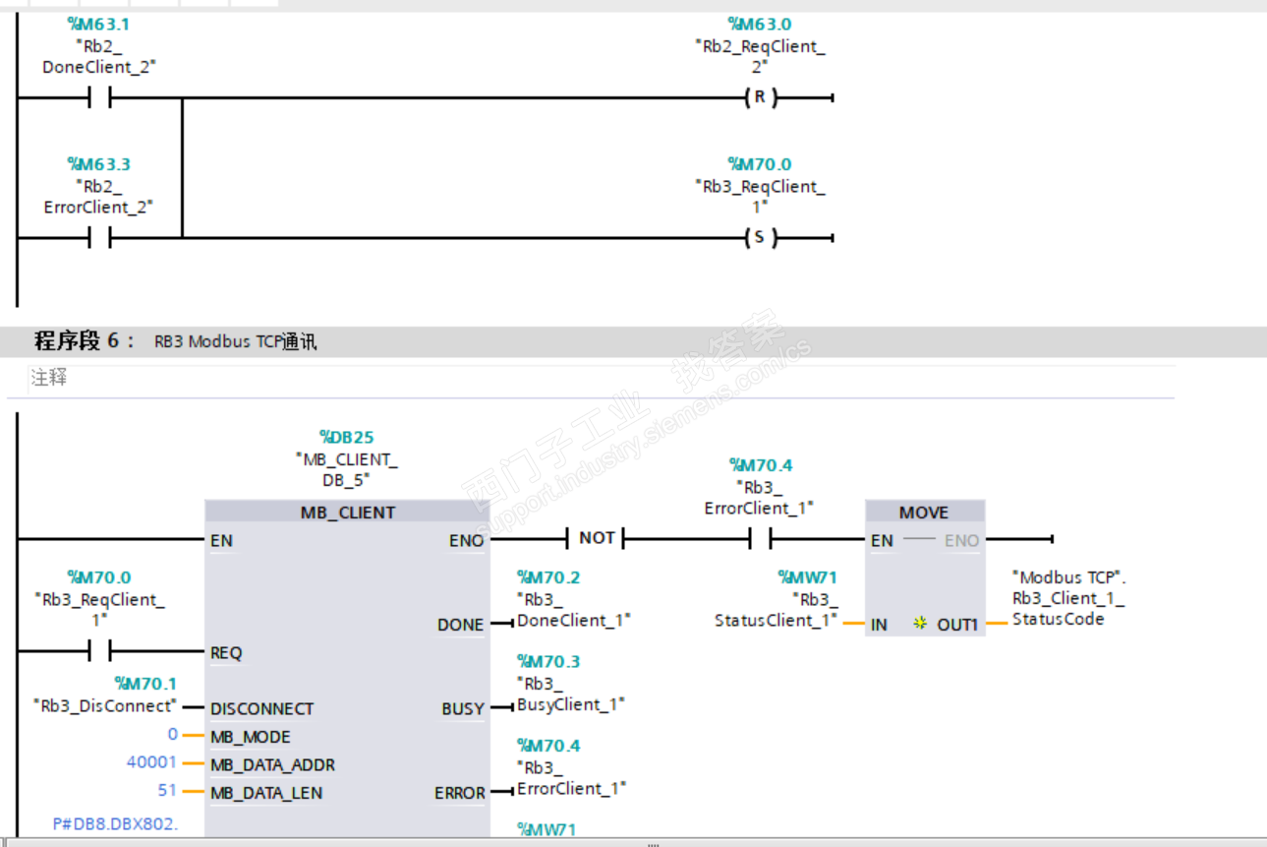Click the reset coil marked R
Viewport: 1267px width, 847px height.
pos(759,97)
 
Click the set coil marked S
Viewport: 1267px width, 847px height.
pos(759,237)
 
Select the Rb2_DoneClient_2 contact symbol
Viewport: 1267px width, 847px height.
pos(99,97)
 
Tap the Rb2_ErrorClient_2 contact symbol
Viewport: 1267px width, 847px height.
pos(99,237)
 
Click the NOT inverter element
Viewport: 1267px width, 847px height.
pos(597,538)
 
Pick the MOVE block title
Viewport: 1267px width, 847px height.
pos(924,513)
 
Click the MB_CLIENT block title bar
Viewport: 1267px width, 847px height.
pos(347,513)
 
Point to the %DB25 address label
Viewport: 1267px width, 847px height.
pos(346,437)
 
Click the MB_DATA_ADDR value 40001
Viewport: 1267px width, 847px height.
pos(151,762)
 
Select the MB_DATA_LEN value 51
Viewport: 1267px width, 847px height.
pos(168,790)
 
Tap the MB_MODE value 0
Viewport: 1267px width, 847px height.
pos(173,734)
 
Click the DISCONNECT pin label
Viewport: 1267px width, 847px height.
pos(261,708)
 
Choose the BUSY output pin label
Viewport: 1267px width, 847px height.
pos(462,708)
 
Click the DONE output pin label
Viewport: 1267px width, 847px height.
pos(460,625)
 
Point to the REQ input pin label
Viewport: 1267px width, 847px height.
pos(226,652)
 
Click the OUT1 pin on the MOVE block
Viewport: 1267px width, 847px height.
pos(956,625)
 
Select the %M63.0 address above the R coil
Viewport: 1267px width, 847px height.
pos(759,24)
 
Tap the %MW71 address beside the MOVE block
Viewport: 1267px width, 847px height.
pos(807,577)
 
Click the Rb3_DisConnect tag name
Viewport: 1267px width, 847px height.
pos(104,705)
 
